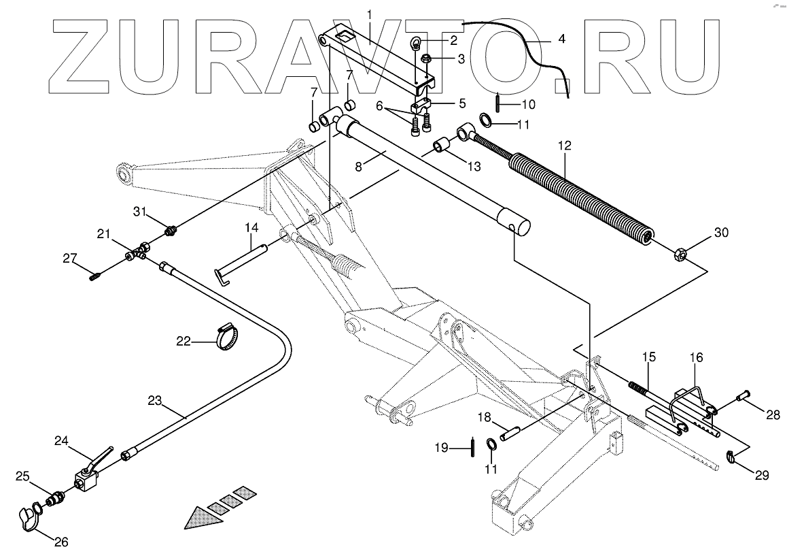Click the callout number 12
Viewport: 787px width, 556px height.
click(x=565, y=146)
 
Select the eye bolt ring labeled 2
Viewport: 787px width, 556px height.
click(x=417, y=45)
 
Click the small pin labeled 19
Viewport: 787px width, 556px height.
click(x=470, y=448)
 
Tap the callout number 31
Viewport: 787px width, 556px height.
click(x=139, y=213)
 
